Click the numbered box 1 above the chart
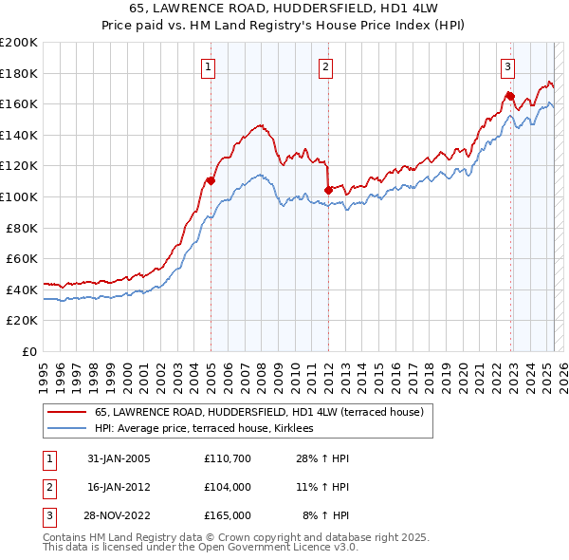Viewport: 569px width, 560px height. (208, 66)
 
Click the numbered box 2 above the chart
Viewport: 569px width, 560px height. (325, 66)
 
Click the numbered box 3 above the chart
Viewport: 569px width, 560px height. (508, 66)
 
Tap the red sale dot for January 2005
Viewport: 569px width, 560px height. (211, 180)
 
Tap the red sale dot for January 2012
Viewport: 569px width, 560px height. (328, 190)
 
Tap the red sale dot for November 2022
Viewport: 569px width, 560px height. (510, 96)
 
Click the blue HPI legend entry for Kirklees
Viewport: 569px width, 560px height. (210, 429)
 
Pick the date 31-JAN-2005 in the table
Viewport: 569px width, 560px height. (119, 458)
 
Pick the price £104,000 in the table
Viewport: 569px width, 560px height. (228, 487)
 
